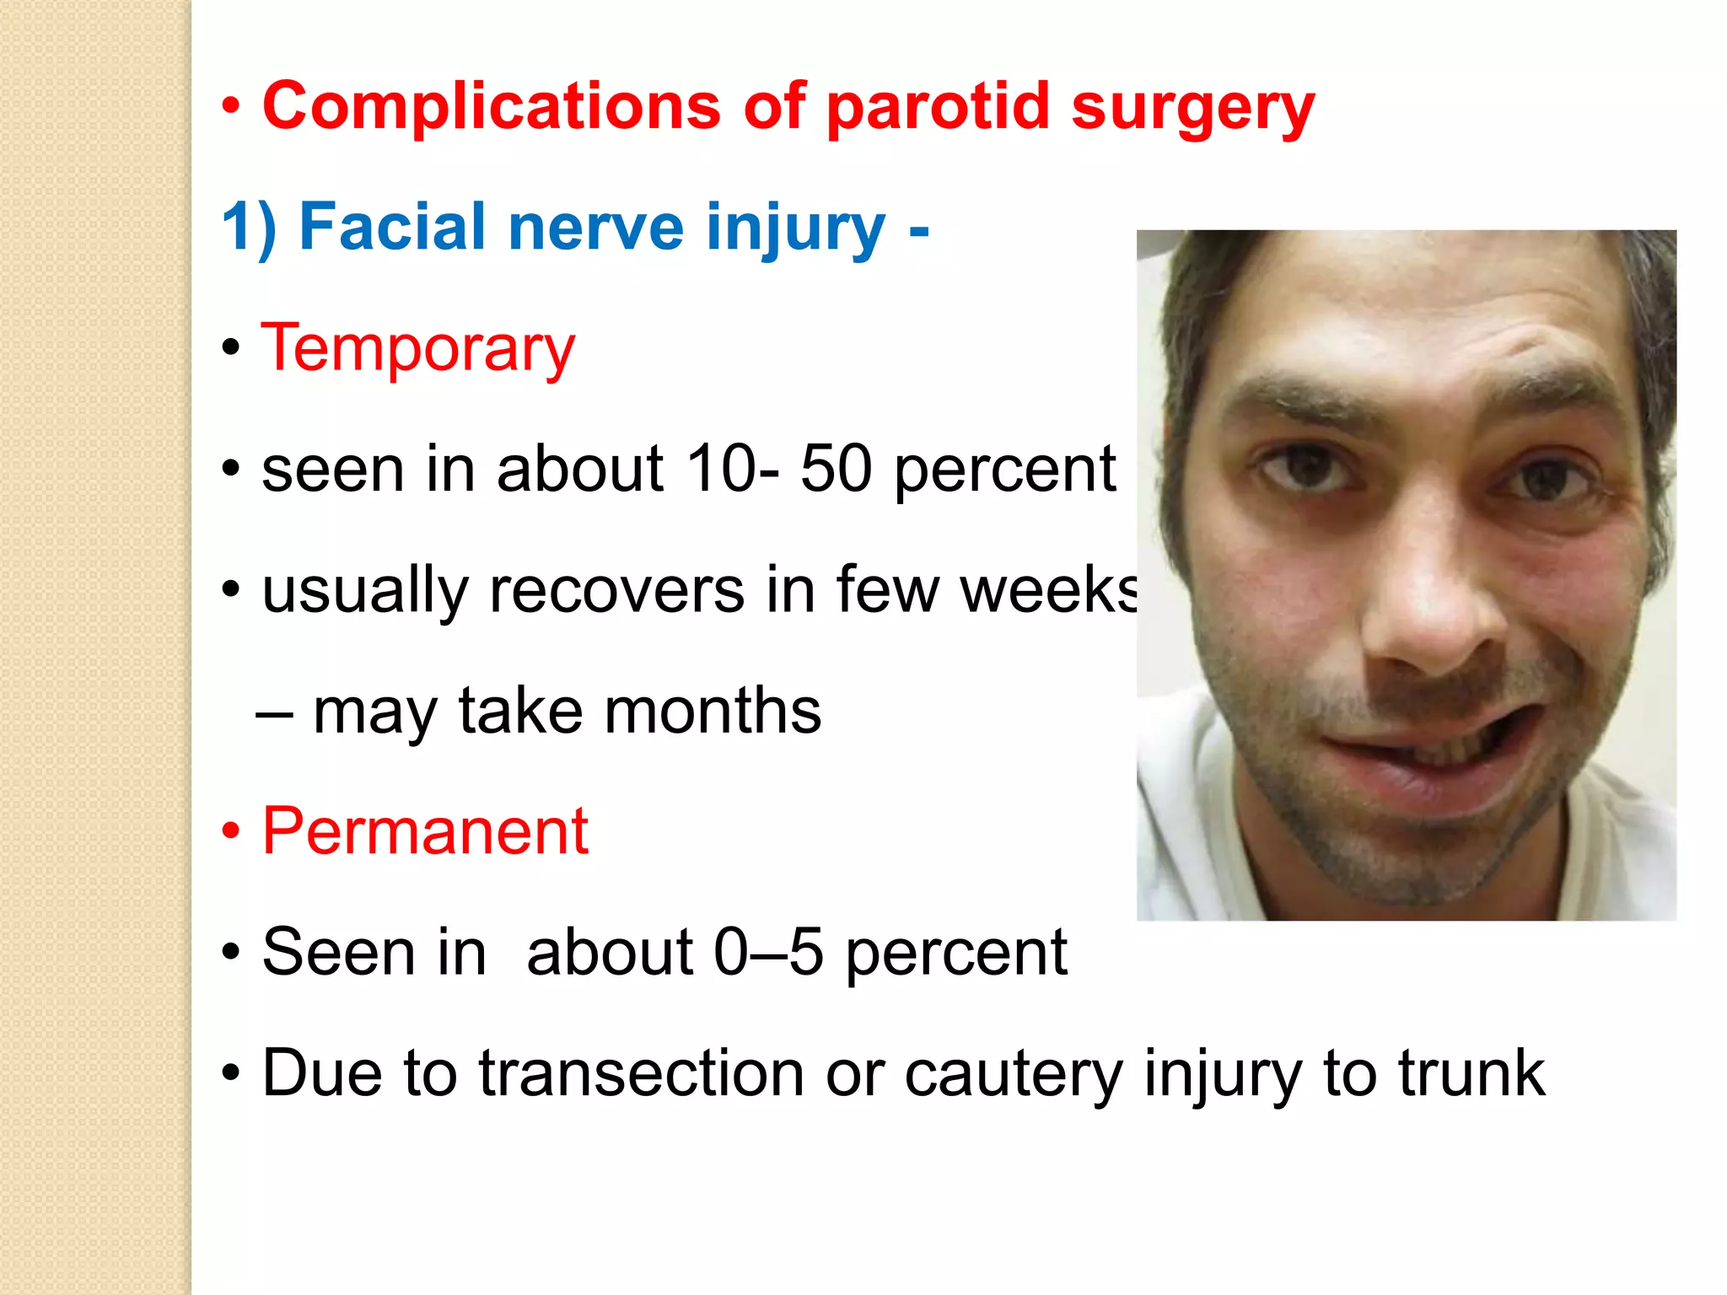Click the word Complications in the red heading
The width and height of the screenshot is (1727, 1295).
click(x=492, y=106)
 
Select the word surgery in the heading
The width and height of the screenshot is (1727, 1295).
click(x=1192, y=110)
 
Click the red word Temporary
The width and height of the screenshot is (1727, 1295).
click(x=418, y=348)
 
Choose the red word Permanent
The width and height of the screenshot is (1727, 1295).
click(x=425, y=831)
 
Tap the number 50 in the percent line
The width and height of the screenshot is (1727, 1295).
click(x=836, y=469)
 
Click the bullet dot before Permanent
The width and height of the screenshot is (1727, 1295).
click(x=231, y=832)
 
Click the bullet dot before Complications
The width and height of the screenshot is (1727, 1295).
click(x=231, y=108)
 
